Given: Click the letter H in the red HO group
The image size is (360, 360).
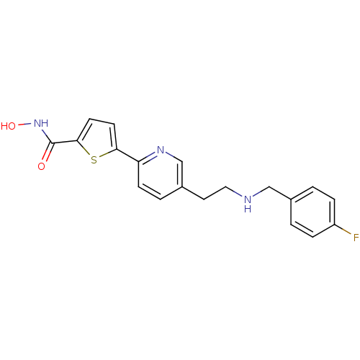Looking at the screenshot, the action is tap(4, 126).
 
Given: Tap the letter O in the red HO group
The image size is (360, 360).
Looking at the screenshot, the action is tap(12, 126).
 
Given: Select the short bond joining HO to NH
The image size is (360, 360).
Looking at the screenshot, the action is tap(22, 125).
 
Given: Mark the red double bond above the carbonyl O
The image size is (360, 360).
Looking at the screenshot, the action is tap(46, 156).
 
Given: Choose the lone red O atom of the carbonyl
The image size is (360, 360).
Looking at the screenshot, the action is tap(41, 166).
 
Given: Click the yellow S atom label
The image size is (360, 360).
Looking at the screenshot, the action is tap(94, 160).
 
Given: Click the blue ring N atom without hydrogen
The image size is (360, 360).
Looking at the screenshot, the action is tap(161, 150).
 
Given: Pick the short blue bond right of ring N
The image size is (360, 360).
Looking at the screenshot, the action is tap(171, 155).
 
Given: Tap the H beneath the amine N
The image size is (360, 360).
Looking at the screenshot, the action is tap(247, 209).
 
